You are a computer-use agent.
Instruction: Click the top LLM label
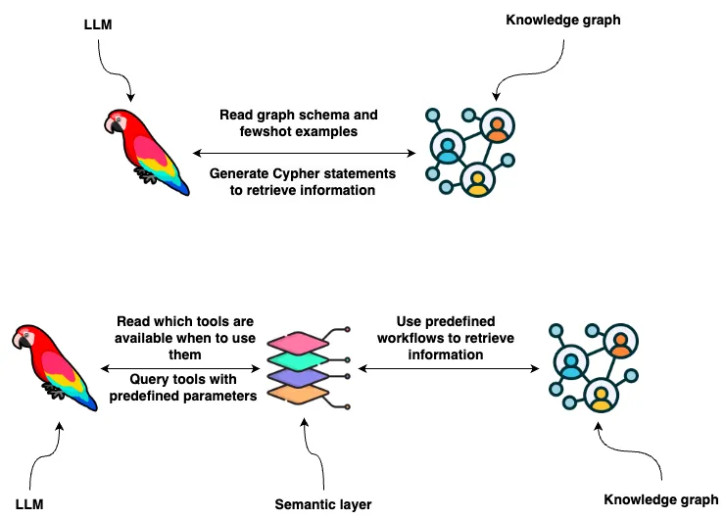[99, 24]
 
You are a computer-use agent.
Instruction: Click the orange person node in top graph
[498, 127]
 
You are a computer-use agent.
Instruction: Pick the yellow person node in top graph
[477, 181]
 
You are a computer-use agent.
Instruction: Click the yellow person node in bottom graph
[601, 397]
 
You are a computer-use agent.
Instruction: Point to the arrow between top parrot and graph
[305, 153]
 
